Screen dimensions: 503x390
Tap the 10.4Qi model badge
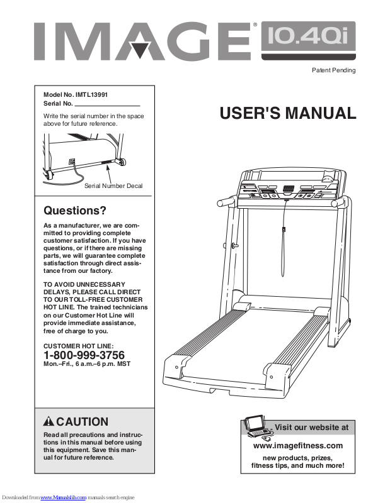(x=308, y=40)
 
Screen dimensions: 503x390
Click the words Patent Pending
(x=334, y=70)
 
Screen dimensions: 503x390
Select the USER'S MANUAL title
(x=288, y=114)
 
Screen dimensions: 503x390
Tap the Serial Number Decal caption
(x=113, y=186)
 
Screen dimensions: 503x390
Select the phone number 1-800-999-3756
(x=84, y=355)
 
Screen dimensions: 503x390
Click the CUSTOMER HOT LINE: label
(x=78, y=346)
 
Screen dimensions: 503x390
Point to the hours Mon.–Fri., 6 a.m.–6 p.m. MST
(x=89, y=364)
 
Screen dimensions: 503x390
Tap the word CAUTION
(x=82, y=422)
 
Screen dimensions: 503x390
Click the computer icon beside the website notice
(x=258, y=426)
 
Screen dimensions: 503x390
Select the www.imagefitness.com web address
(x=297, y=446)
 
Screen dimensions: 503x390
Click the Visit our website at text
(x=311, y=428)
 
